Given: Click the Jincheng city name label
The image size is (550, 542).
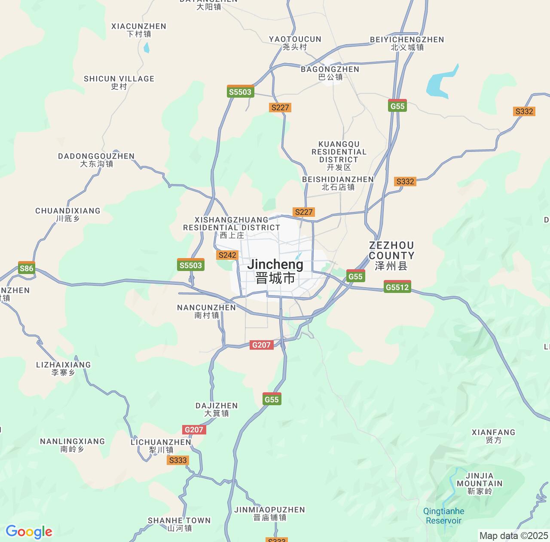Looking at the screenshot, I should [275, 271].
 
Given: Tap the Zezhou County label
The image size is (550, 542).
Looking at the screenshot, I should [391, 256].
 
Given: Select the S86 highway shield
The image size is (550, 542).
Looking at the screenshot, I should [27, 268].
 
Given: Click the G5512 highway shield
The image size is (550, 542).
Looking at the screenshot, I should [397, 287].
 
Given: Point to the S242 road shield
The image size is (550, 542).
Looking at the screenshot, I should [227, 255].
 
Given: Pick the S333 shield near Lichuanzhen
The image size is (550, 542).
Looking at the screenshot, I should [178, 460].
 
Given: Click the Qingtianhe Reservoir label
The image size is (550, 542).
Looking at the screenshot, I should [443, 516].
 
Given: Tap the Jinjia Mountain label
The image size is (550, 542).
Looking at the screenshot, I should [480, 483].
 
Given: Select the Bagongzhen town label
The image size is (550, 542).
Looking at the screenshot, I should [330, 73].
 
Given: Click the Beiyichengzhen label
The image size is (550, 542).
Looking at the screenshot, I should [407, 43].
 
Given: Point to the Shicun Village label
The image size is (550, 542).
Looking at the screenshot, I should [119, 82].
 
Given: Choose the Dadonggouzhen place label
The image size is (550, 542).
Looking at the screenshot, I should [96, 160].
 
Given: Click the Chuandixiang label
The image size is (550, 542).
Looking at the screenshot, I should [68, 214].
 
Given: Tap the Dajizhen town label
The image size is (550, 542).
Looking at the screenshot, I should [217, 409].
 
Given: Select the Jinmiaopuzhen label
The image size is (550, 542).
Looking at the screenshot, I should [270, 513].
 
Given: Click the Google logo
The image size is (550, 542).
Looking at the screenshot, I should [29, 532].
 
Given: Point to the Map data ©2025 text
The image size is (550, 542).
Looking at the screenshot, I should [513, 536].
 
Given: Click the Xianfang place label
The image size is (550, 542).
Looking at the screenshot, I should [493, 436].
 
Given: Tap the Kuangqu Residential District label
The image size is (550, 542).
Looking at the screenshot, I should [339, 155].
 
